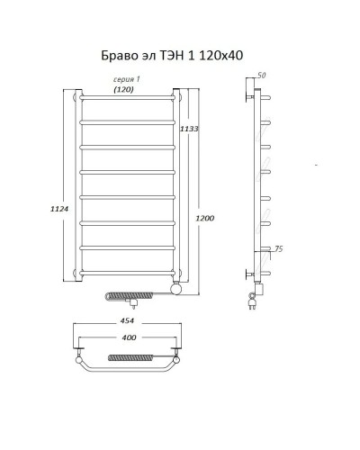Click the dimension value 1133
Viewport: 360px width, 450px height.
pyautogui.click(x=189, y=130)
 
